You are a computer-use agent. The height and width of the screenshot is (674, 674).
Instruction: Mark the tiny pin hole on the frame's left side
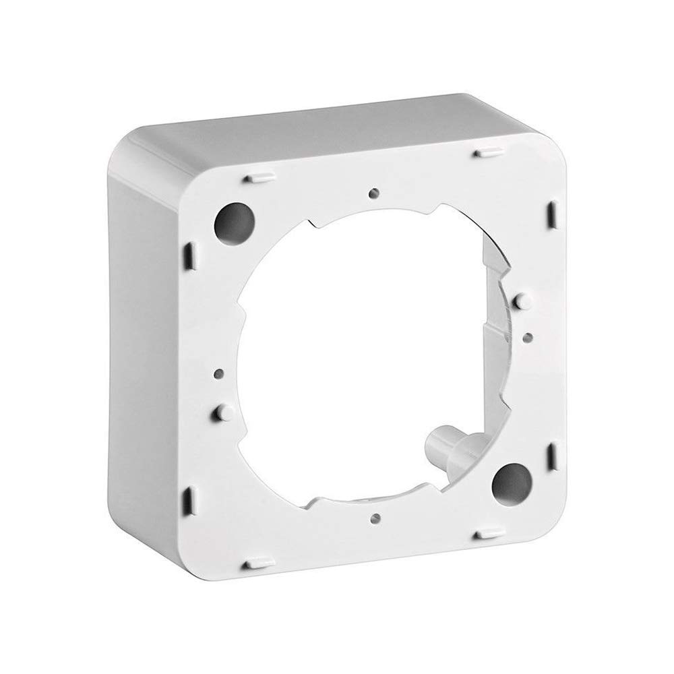pos(218,371)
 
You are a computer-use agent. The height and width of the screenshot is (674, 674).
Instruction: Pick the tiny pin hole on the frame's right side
pos(527,334)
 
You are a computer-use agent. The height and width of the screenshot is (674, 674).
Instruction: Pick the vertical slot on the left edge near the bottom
pos(189,499)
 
